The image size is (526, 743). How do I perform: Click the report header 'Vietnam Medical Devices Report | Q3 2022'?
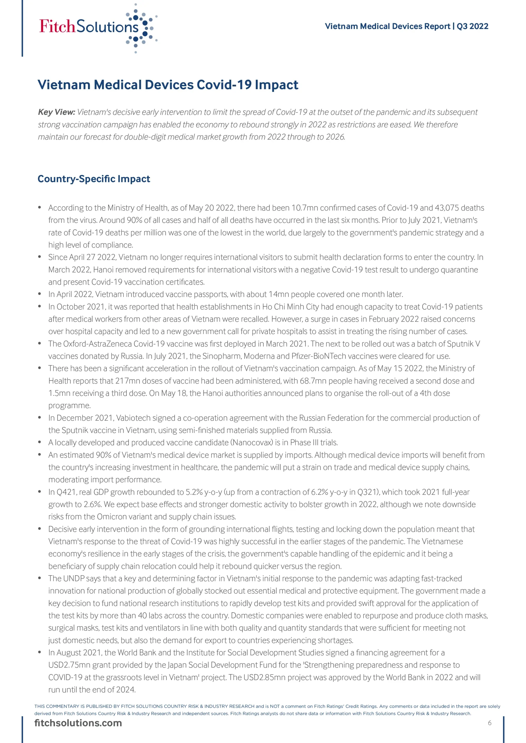[x=406, y=26]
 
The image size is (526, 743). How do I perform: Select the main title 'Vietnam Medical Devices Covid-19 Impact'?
[x=168, y=85]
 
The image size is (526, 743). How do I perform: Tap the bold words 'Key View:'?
[x=56, y=112]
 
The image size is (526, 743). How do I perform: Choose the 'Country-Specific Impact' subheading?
[x=94, y=179]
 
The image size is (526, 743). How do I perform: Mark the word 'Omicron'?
[x=113, y=517]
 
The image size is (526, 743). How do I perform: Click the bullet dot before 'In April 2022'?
[x=40, y=294]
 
